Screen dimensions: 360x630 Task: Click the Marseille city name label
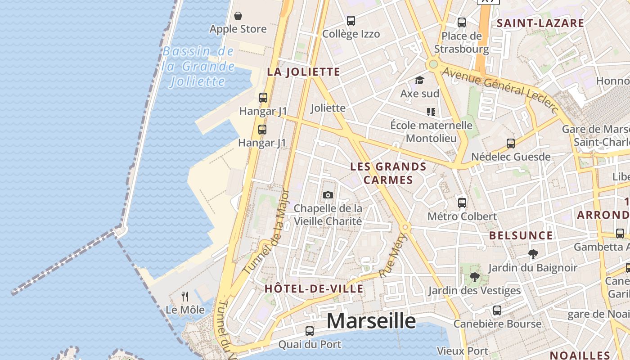click(371, 321)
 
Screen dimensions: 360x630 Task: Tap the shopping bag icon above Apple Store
click(238, 16)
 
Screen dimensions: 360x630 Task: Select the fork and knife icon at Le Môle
click(184, 296)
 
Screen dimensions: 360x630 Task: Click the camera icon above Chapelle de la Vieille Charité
click(328, 195)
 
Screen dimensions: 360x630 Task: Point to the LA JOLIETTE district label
click(303, 72)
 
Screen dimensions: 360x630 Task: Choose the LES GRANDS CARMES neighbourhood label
click(388, 173)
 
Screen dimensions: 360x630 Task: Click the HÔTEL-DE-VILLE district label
click(314, 289)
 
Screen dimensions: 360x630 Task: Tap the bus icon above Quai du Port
click(310, 331)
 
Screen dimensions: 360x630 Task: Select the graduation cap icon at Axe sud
click(419, 81)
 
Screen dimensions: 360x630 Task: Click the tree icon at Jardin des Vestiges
click(474, 277)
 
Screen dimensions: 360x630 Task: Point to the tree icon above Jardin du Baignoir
click(533, 254)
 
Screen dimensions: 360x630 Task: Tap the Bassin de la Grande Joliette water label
click(198, 66)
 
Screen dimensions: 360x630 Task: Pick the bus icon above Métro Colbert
click(462, 202)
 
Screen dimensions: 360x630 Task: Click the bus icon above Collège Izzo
click(351, 21)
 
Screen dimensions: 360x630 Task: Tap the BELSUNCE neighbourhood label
click(521, 235)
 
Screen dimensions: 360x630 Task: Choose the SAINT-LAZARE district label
click(540, 23)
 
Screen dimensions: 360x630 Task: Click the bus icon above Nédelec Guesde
click(511, 144)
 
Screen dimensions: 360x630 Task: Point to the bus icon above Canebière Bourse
click(497, 310)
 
